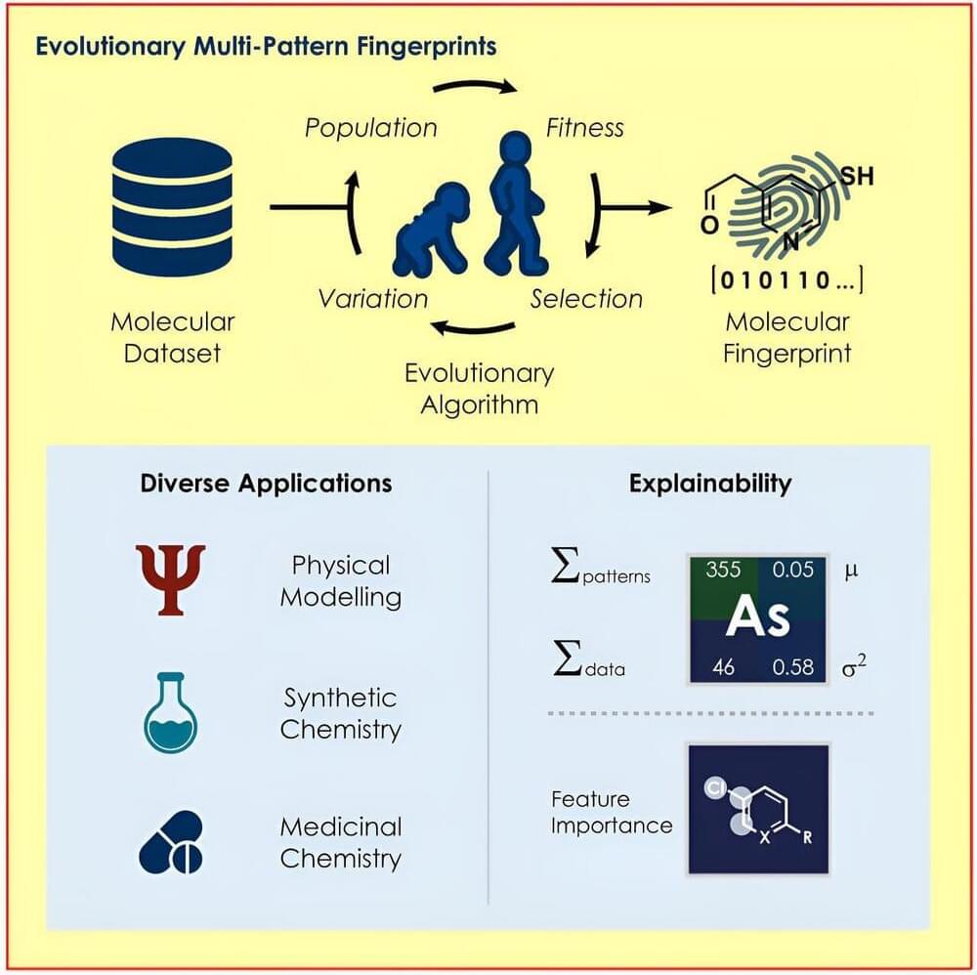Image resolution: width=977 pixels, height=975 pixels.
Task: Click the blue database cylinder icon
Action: click(x=172, y=207)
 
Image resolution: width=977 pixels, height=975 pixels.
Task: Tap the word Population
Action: click(x=370, y=128)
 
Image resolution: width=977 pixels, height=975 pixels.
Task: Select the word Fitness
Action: click(x=584, y=128)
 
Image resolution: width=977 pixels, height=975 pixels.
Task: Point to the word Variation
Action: click(x=372, y=298)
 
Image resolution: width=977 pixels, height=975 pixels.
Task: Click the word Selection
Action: click(x=586, y=298)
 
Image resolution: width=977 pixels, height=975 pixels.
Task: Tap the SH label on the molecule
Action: click(x=857, y=176)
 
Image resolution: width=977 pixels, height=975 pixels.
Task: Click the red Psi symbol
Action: click(x=171, y=579)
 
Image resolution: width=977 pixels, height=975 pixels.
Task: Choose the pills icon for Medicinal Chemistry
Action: click(x=171, y=841)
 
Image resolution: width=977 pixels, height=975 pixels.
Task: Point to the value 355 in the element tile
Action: click(x=723, y=570)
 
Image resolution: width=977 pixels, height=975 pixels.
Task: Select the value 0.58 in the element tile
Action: click(x=792, y=668)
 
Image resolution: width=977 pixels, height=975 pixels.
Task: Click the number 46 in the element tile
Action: click(x=723, y=668)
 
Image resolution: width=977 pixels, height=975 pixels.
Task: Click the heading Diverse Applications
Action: click(x=266, y=483)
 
